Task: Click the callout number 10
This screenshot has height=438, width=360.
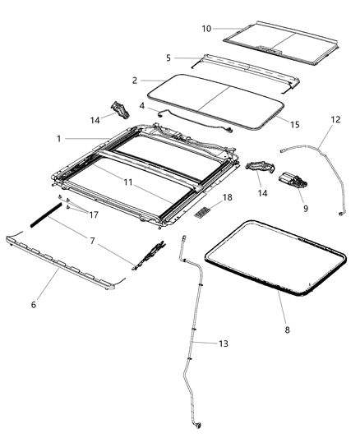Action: point(206,29)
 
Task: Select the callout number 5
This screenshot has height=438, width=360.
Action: point(168,58)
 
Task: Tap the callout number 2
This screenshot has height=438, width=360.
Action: point(134,81)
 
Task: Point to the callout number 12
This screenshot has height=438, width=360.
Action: point(335,120)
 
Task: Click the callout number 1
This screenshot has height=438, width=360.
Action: point(58,139)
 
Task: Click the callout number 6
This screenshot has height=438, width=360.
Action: point(34,304)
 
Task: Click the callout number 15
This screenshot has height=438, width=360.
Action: point(294,124)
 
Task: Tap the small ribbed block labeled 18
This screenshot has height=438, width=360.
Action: point(204,212)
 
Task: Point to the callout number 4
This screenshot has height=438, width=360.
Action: point(141,105)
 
